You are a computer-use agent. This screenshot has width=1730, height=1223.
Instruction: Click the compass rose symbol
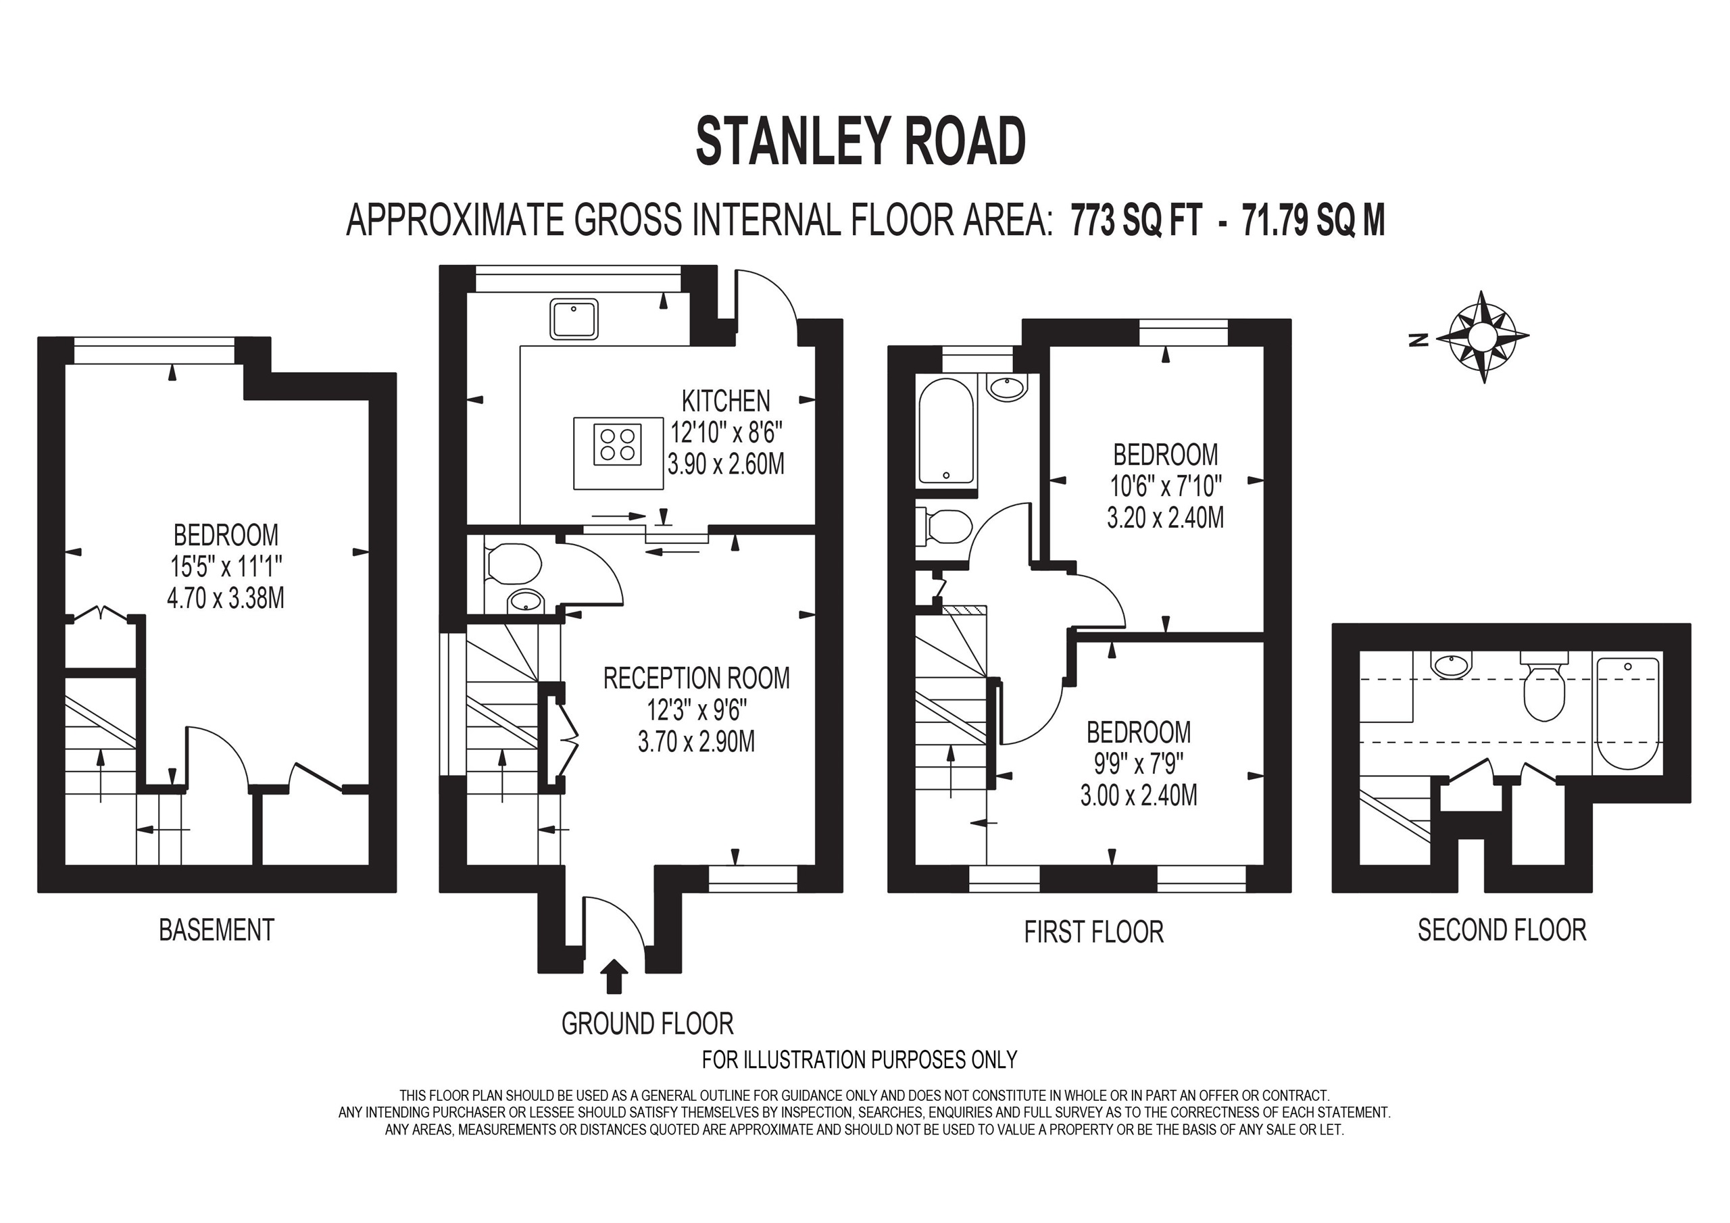pos(1482,337)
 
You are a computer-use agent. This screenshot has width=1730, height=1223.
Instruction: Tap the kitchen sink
pos(574,319)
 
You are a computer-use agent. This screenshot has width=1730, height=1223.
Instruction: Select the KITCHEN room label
pos(726,401)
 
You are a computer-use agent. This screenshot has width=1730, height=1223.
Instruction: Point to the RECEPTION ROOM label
pos(696,678)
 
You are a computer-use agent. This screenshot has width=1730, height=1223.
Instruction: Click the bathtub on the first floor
pos(946,431)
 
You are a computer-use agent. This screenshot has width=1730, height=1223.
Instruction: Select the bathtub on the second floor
pos(1627,712)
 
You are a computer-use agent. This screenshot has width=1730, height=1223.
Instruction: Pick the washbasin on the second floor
pos(1450,666)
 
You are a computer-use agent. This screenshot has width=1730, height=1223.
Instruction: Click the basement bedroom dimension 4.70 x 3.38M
pos(225,598)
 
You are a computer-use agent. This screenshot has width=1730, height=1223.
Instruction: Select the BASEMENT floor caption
pos(216,930)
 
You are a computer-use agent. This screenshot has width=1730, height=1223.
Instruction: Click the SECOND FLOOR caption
pos(1502,930)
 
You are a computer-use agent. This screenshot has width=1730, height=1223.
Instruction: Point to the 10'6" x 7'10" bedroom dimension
pos(1165,486)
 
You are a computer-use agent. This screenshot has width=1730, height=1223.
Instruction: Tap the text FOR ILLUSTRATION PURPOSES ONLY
pos(859,1059)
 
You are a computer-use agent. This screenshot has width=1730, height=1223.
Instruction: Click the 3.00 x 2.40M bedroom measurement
pos(1139,796)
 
